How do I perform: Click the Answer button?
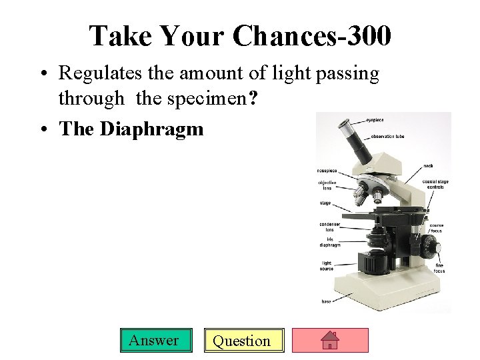153,341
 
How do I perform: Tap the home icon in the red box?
331,341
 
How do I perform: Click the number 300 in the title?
365,35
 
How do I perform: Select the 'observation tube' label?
387,137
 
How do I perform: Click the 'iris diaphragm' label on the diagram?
329,242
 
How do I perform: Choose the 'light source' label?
326,266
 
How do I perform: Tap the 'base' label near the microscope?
326,301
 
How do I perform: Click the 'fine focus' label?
439,269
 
